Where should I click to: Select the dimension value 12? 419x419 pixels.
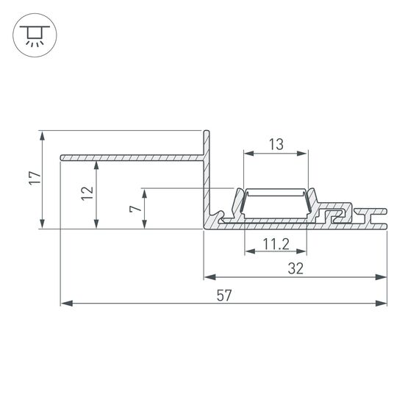click(87, 193)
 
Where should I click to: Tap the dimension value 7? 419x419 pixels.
click(135, 209)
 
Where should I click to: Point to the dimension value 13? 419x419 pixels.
click(276, 145)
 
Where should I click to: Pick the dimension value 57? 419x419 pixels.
click(224, 296)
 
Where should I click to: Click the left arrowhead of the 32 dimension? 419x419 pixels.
click(208, 277)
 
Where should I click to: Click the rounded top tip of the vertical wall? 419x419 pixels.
click(207, 132)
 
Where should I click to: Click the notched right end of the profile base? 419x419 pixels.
click(384, 219)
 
